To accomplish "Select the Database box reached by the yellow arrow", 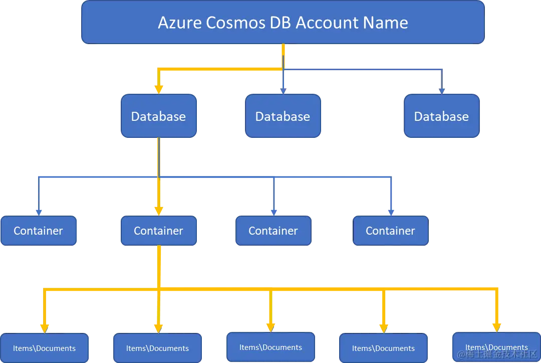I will point(158,116).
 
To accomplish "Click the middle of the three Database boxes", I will point(283,116).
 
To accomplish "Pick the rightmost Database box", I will point(441,116).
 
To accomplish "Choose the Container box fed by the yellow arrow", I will point(158,231).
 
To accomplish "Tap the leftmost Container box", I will point(38,231).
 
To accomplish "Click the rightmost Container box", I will point(390,231).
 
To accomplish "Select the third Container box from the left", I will point(273,231).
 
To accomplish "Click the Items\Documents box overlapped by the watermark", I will point(496,347).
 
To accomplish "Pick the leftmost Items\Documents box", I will point(44,348).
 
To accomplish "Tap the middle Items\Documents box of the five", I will point(270,347).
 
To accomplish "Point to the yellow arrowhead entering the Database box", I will point(159,89).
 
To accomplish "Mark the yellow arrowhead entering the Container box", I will point(159,211).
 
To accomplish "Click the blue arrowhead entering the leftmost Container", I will point(39,212).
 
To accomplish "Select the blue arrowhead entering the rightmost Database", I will point(441,90).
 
